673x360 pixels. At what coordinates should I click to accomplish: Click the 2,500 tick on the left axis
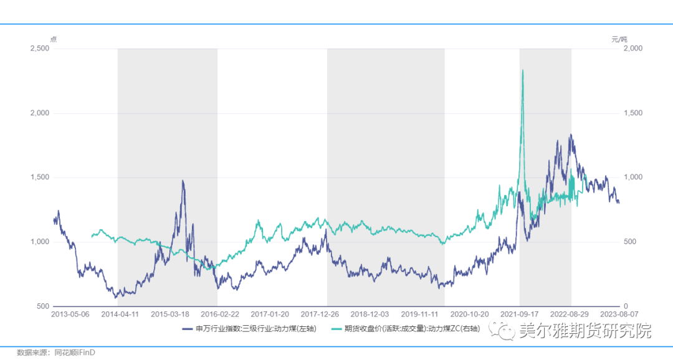(x=41, y=49)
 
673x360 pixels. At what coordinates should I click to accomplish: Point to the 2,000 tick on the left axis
(x=41, y=113)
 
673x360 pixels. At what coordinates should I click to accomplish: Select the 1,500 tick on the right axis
(x=633, y=113)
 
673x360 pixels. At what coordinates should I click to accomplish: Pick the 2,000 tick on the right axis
(x=633, y=49)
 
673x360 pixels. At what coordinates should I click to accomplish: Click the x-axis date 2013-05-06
(x=70, y=315)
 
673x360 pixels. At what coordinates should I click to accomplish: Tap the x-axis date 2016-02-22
(x=220, y=315)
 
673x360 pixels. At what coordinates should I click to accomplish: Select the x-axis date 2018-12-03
(x=370, y=315)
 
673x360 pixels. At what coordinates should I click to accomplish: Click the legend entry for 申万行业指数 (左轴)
(x=249, y=329)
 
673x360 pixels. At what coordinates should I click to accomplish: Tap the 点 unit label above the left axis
(x=53, y=39)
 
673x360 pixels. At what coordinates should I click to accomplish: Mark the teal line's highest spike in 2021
(x=522, y=70)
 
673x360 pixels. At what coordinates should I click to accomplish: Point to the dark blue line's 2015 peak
(x=183, y=181)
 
